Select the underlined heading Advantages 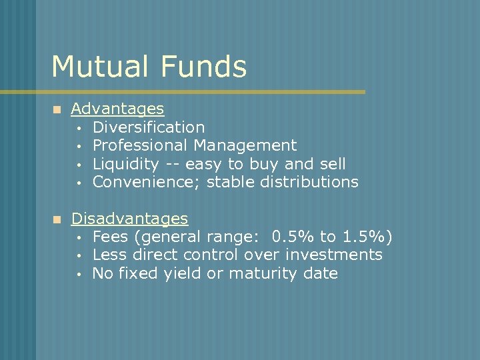click(x=117, y=108)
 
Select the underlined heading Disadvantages click(x=129, y=218)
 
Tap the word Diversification click(x=149, y=127)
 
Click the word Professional click(x=141, y=145)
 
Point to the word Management click(x=245, y=145)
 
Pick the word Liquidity click(x=125, y=163)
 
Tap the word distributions click(x=309, y=181)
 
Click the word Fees click(x=108, y=237)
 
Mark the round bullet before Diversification click(x=78, y=127)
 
